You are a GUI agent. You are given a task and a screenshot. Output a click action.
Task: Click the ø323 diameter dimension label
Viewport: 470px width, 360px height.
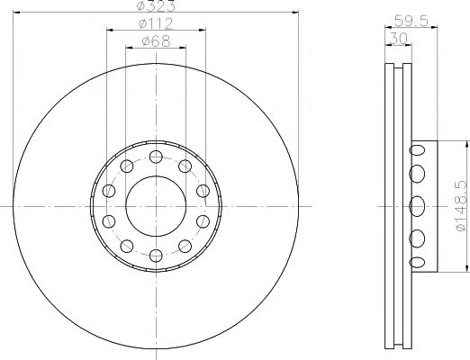tap(156, 6)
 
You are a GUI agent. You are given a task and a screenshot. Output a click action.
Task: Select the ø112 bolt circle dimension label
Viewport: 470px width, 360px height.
tap(156, 23)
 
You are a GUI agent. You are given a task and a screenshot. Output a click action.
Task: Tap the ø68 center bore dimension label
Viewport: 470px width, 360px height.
tap(156, 41)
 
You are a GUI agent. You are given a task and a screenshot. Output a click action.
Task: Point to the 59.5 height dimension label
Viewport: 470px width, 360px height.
tap(411, 21)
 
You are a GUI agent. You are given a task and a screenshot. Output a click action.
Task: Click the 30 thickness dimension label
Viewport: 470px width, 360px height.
tap(398, 39)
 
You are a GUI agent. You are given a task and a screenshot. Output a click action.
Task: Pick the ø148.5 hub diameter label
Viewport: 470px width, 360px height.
tap(462, 206)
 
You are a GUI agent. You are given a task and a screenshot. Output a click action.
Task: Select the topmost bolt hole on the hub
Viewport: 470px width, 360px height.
tap(156, 157)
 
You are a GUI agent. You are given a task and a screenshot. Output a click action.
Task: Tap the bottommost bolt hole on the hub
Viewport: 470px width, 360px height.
tap(156, 256)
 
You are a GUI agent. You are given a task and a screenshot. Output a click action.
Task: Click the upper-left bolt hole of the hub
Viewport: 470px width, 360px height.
tap(127, 166)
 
